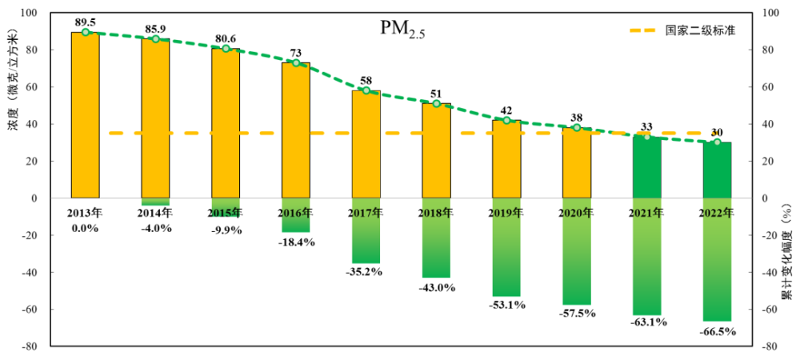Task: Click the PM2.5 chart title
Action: pos(402,30)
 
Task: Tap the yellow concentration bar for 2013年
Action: pos(86,116)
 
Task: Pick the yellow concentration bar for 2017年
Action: pos(366,144)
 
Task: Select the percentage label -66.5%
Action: pos(717,331)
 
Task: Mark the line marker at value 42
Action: pos(506,120)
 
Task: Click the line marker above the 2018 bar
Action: pos(436,103)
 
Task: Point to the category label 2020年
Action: pos(576,213)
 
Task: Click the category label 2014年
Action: pos(155,213)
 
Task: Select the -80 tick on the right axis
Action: pos(770,346)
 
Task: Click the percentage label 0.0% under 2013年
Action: pos(86,228)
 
